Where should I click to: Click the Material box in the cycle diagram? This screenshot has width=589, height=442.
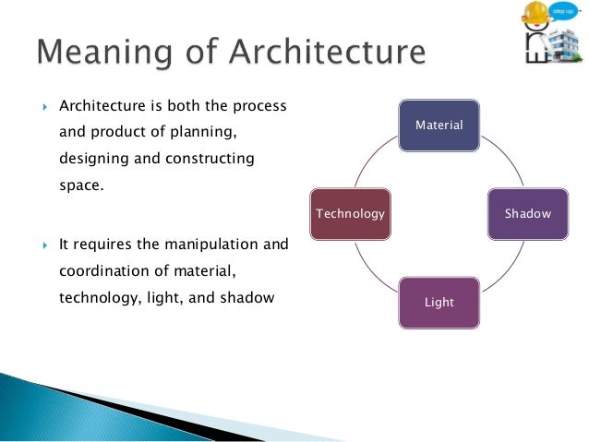[439, 124]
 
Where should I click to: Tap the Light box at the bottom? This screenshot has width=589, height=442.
[439, 302]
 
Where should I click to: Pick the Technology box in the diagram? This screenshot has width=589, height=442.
[350, 213]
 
